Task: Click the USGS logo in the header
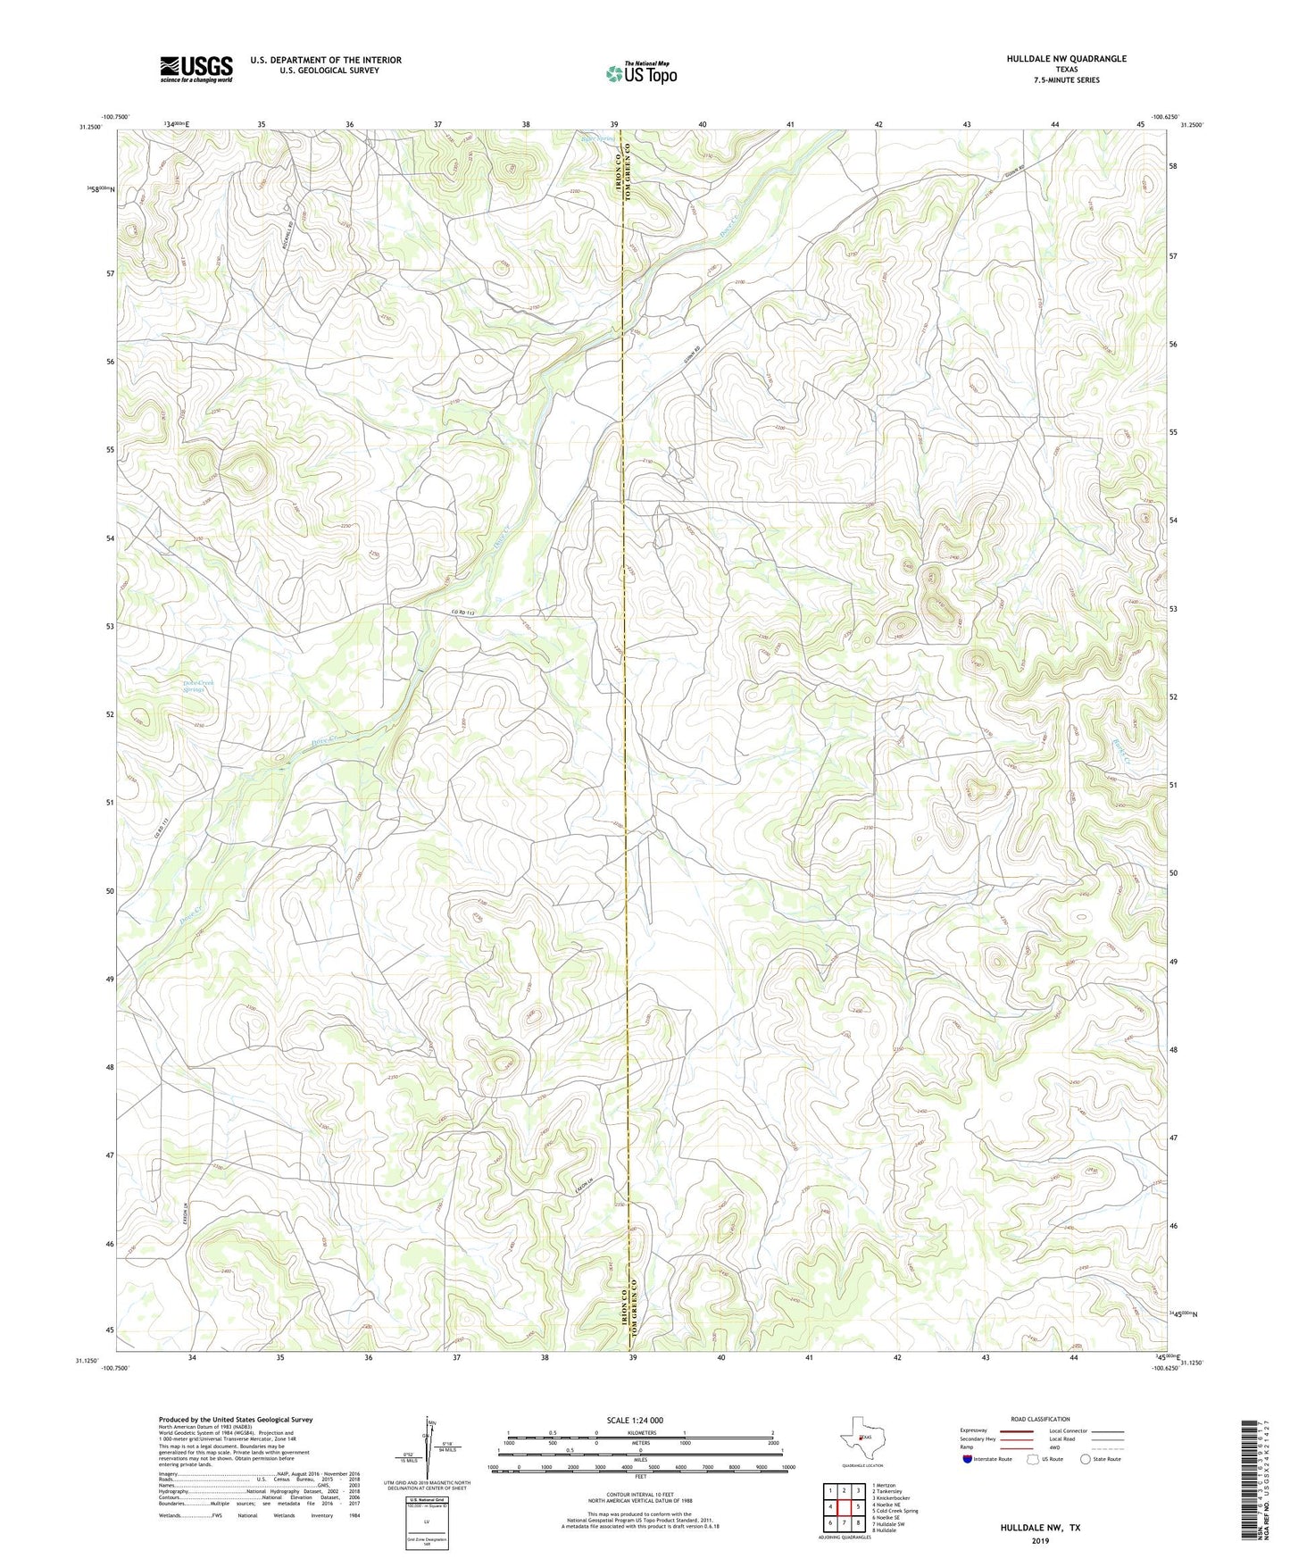click(x=196, y=69)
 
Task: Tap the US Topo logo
click(x=641, y=73)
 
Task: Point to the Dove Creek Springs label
click(x=199, y=686)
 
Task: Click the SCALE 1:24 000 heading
click(x=635, y=1420)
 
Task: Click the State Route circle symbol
click(x=1086, y=1459)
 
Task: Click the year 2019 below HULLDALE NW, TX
click(x=1040, y=1540)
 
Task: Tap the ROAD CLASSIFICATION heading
click(x=1040, y=1419)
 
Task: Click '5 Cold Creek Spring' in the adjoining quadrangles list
click(x=895, y=1511)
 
